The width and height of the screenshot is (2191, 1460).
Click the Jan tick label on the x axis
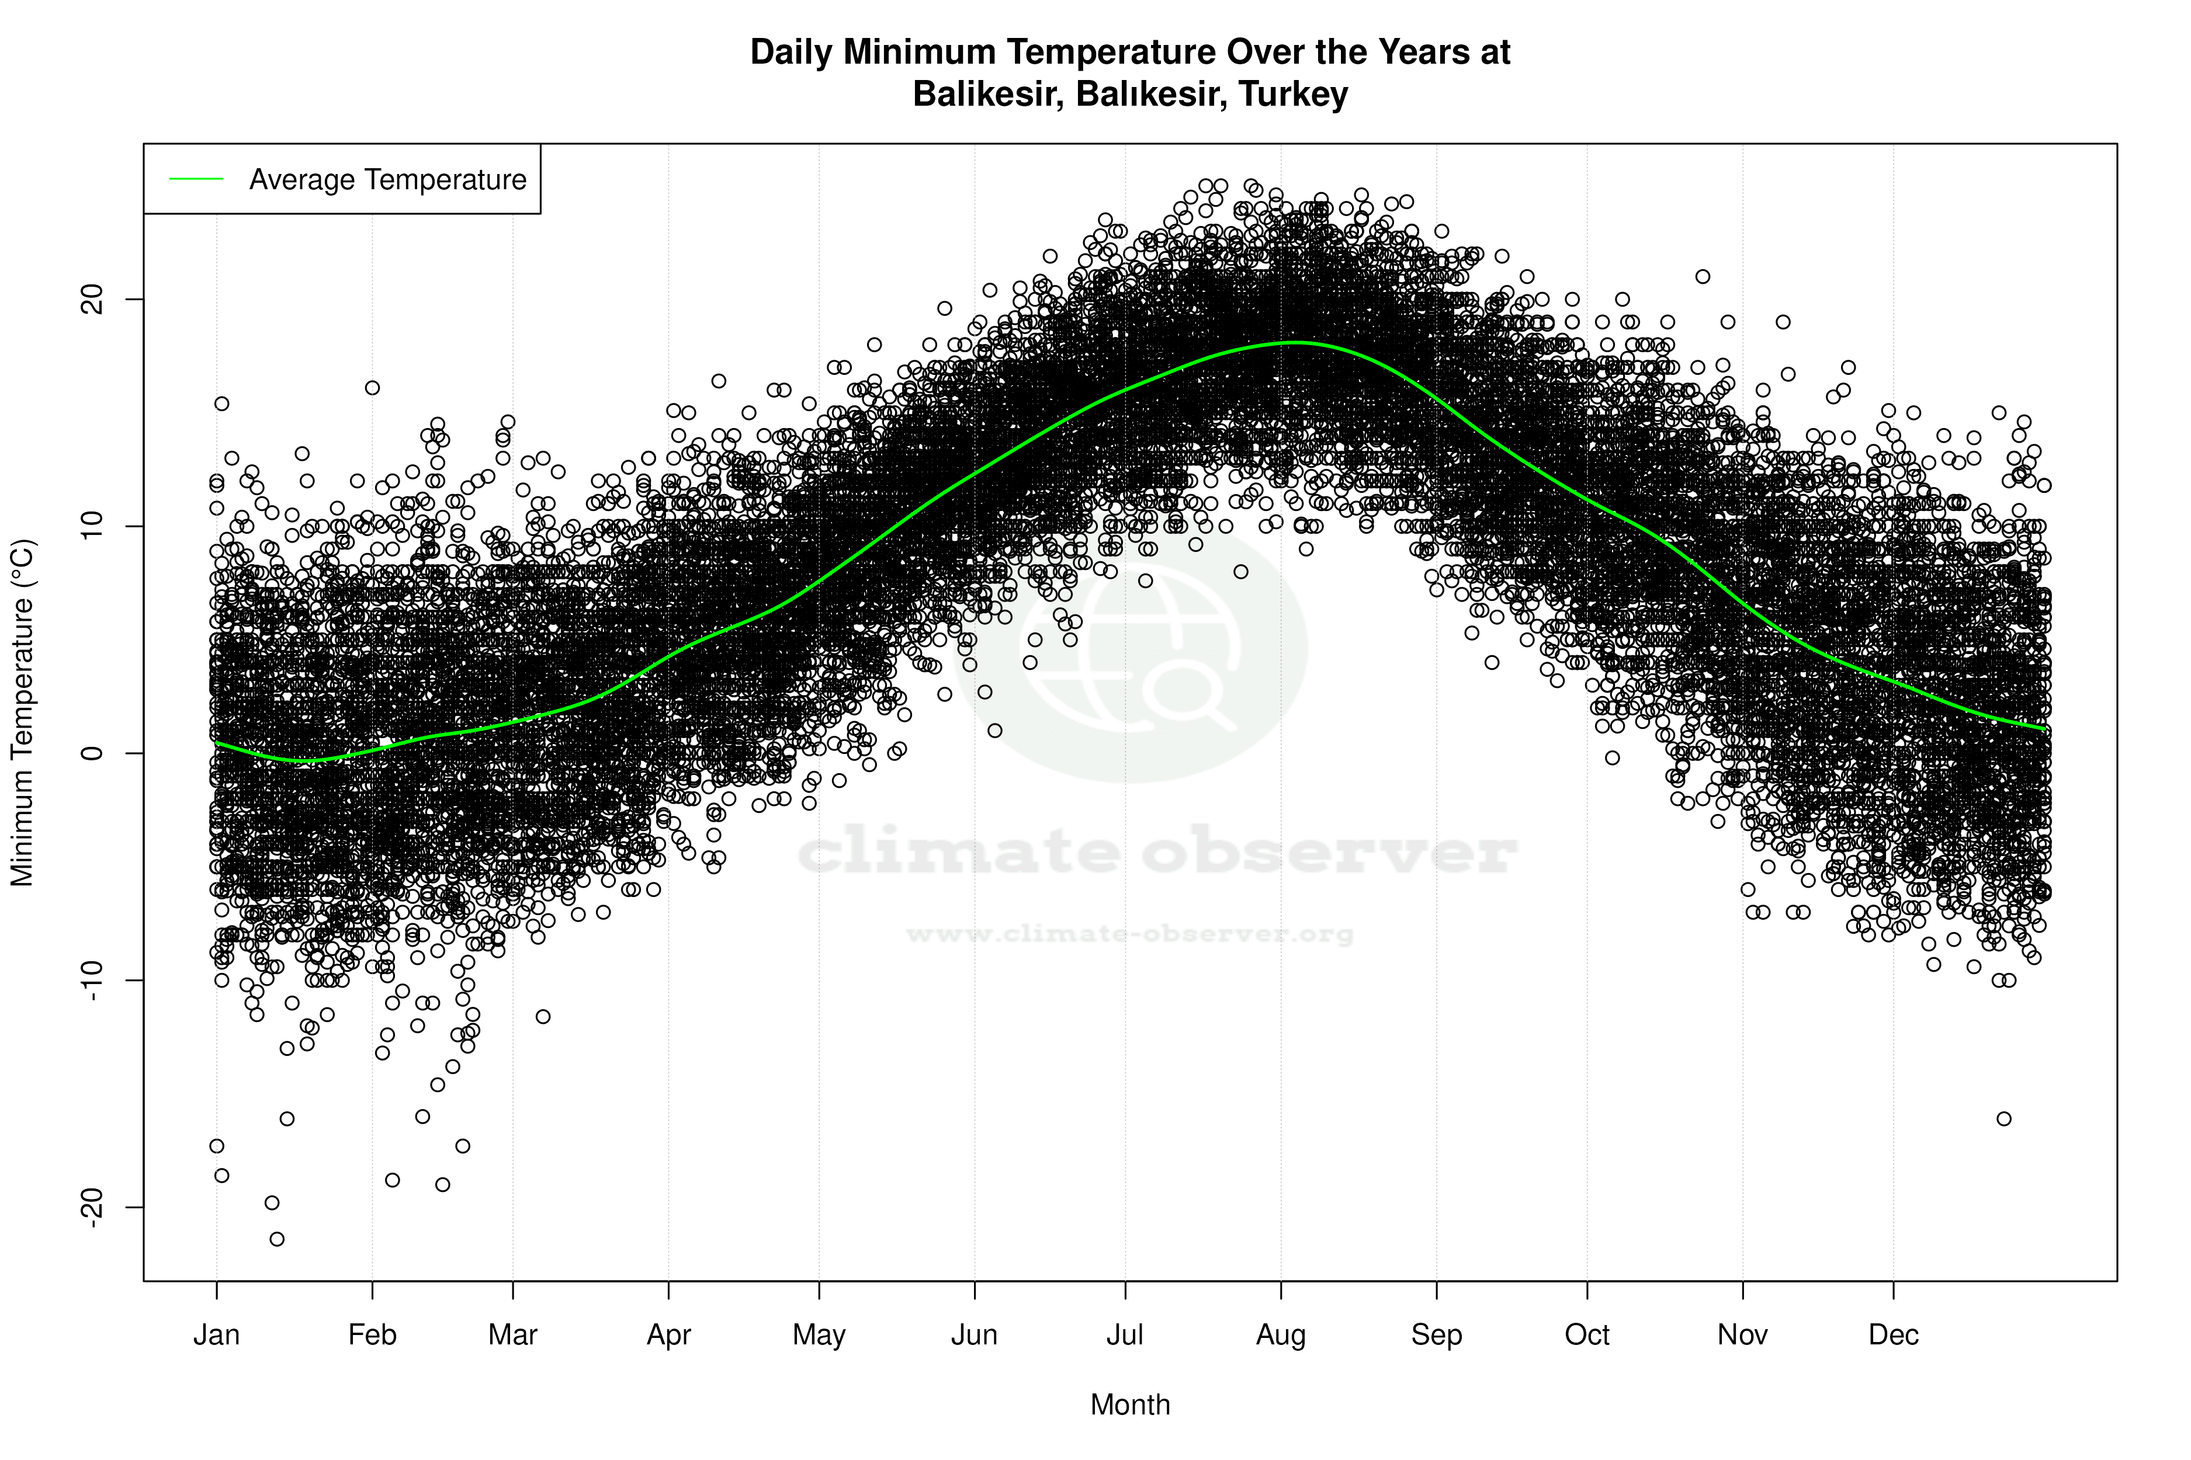[x=216, y=1335]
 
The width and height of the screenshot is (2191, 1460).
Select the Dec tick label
[x=1893, y=1335]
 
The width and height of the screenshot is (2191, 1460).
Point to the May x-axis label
[x=818, y=1335]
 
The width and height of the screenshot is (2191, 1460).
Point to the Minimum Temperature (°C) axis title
[x=22, y=712]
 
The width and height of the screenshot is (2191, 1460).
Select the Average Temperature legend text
[x=387, y=180]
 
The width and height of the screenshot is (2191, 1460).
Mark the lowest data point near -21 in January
[x=277, y=1239]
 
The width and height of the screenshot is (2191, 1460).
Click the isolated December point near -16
[x=2004, y=1118]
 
